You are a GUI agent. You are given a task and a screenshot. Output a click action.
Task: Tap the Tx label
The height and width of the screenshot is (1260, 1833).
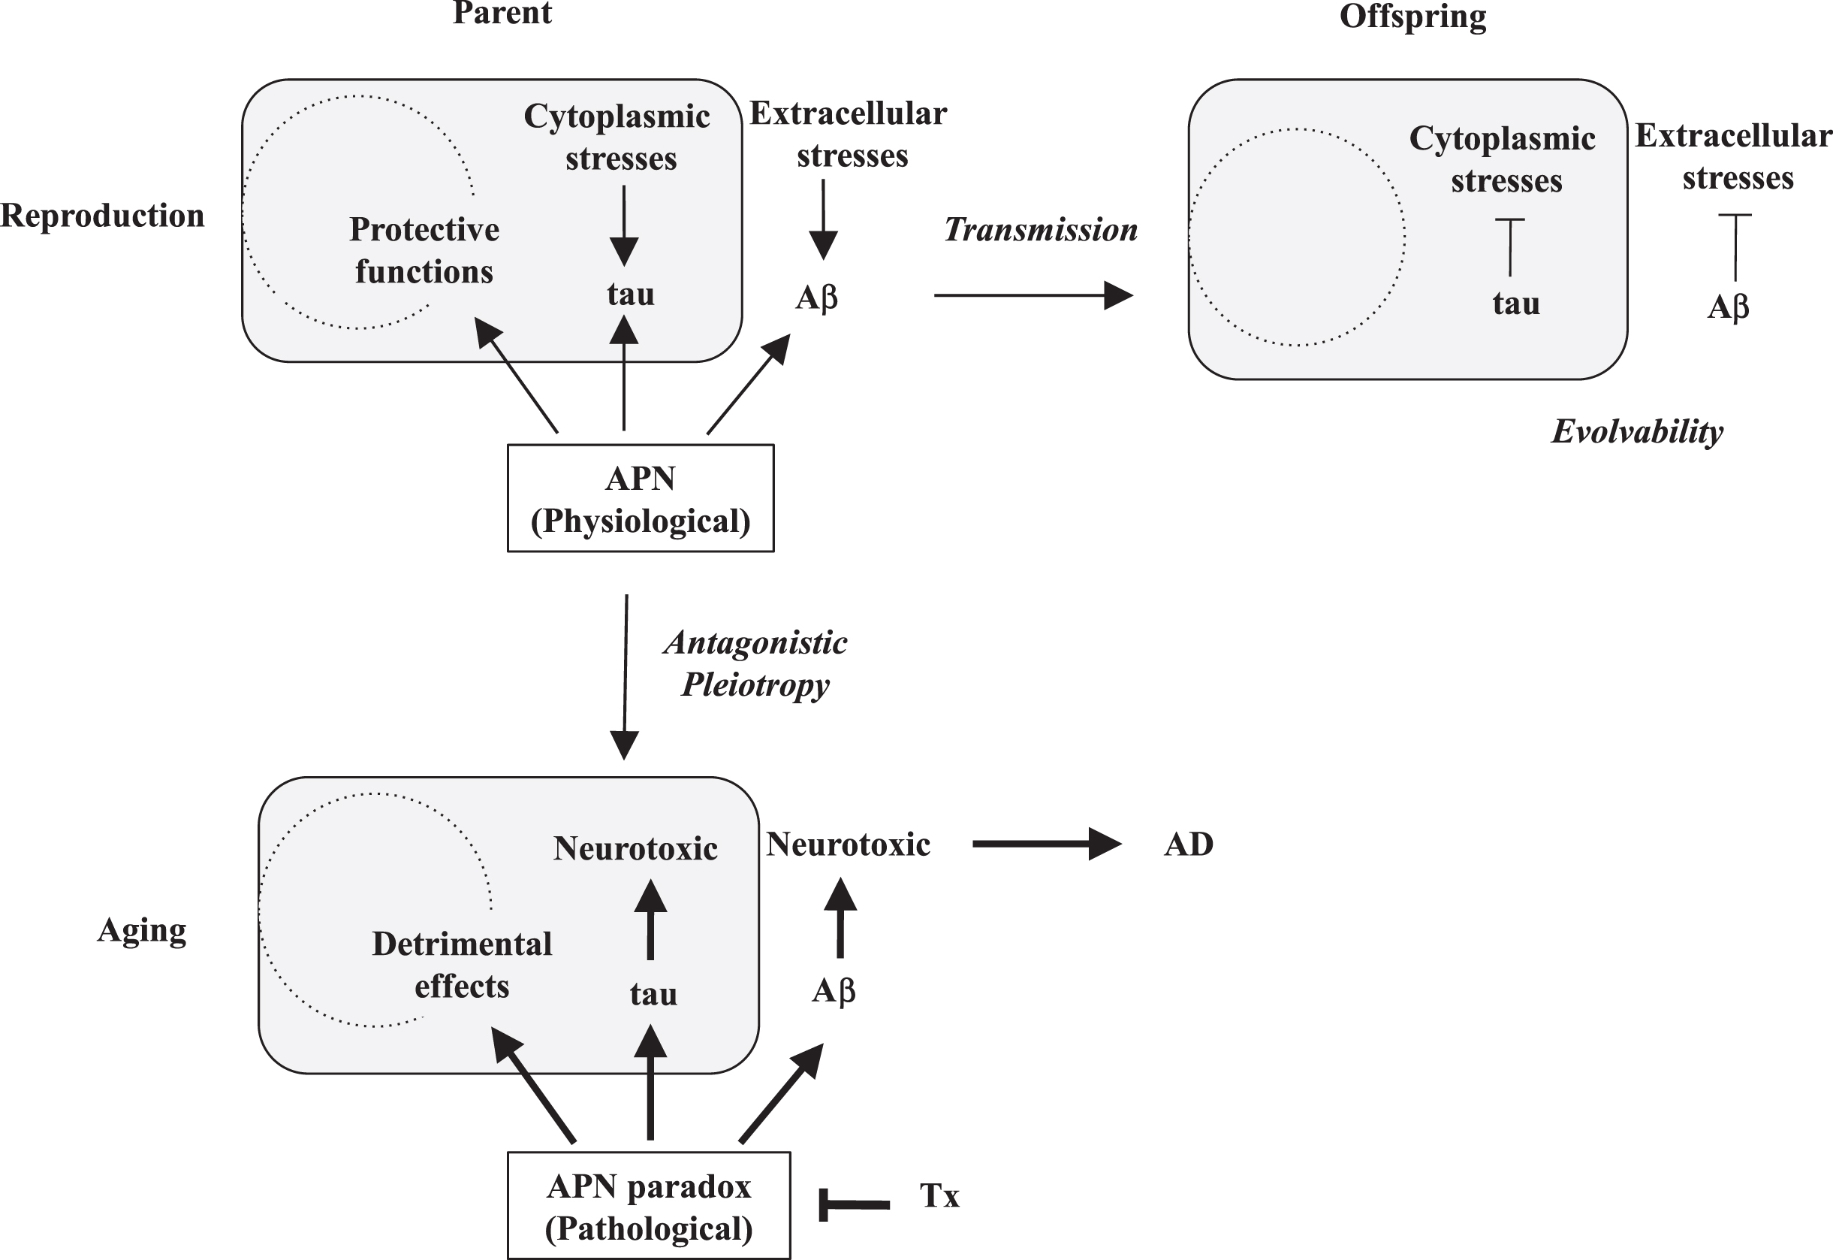click(939, 1196)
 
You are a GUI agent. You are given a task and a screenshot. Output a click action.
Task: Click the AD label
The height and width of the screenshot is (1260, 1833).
click(1188, 845)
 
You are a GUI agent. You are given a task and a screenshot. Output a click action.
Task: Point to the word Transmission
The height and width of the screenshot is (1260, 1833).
click(1041, 230)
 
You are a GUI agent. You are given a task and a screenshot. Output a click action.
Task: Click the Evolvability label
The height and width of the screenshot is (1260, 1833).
click(1637, 432)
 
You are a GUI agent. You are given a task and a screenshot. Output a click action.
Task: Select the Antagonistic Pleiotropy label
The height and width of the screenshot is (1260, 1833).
click(755, 663)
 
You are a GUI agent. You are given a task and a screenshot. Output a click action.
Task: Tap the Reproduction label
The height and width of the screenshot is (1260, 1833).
click(103, 216)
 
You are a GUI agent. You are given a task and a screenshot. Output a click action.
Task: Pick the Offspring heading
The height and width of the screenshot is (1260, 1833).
click(1412, 17)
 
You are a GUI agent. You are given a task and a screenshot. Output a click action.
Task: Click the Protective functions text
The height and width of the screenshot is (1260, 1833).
click(424, 250)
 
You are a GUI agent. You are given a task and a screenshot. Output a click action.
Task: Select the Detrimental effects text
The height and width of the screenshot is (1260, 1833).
click(463, 965)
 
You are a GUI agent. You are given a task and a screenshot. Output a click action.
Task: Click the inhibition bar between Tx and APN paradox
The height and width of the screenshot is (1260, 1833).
click(855, 1204)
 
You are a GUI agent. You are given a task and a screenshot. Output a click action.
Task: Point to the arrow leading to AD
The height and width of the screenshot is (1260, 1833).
click(1047, 844)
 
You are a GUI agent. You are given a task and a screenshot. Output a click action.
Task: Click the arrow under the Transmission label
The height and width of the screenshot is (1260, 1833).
click(1034, 295)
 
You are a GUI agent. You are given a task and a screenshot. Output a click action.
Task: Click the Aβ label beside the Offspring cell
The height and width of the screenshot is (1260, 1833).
click(1728, 307)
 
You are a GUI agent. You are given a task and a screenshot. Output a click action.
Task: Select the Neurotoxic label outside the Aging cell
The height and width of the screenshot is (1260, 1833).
click(849, 845)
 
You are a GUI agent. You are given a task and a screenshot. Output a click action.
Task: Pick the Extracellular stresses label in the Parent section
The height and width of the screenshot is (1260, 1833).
click(849, 135)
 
